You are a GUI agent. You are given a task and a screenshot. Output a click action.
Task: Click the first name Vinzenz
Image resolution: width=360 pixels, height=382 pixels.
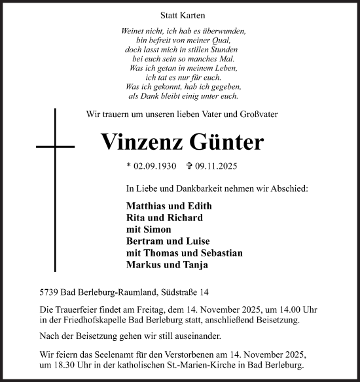pos(143,142)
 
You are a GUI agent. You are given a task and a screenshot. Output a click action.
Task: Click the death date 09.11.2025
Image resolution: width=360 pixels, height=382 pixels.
pos(222,167)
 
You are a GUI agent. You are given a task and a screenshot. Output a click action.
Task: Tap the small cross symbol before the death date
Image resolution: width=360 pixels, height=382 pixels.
pos(190,167)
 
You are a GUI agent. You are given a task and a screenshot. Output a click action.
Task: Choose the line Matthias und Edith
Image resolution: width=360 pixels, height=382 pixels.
pos(169,206)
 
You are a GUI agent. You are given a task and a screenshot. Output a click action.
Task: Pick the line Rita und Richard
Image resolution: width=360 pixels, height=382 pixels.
pos(164,218)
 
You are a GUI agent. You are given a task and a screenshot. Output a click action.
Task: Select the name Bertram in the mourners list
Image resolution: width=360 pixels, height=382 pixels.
pos(146,241)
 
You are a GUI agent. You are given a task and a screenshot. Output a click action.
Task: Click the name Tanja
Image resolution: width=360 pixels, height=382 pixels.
pos(196,265)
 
